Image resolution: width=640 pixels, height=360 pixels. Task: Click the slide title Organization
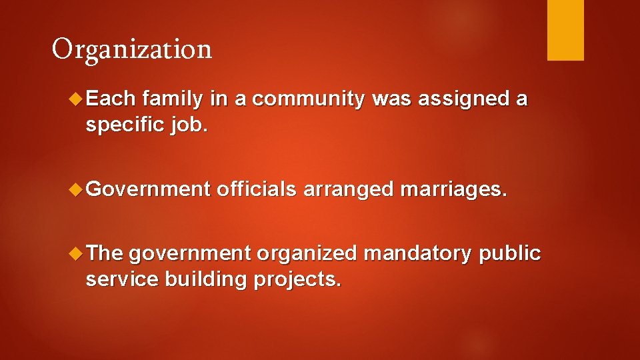point(132,49)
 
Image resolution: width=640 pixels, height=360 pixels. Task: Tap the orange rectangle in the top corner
point(565,29)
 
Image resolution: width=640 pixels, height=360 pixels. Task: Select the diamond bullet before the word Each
point(75,99)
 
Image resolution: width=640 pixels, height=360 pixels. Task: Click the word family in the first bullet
point(172,100)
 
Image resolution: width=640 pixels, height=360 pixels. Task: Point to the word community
point(309,99)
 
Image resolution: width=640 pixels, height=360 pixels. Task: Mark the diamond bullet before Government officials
point(75,190)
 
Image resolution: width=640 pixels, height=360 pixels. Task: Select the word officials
point(256,189)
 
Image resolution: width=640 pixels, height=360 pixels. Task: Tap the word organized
point(307,254)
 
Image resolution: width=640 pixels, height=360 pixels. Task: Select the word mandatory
point(418,254)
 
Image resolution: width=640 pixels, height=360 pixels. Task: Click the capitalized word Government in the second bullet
point(148,189)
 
